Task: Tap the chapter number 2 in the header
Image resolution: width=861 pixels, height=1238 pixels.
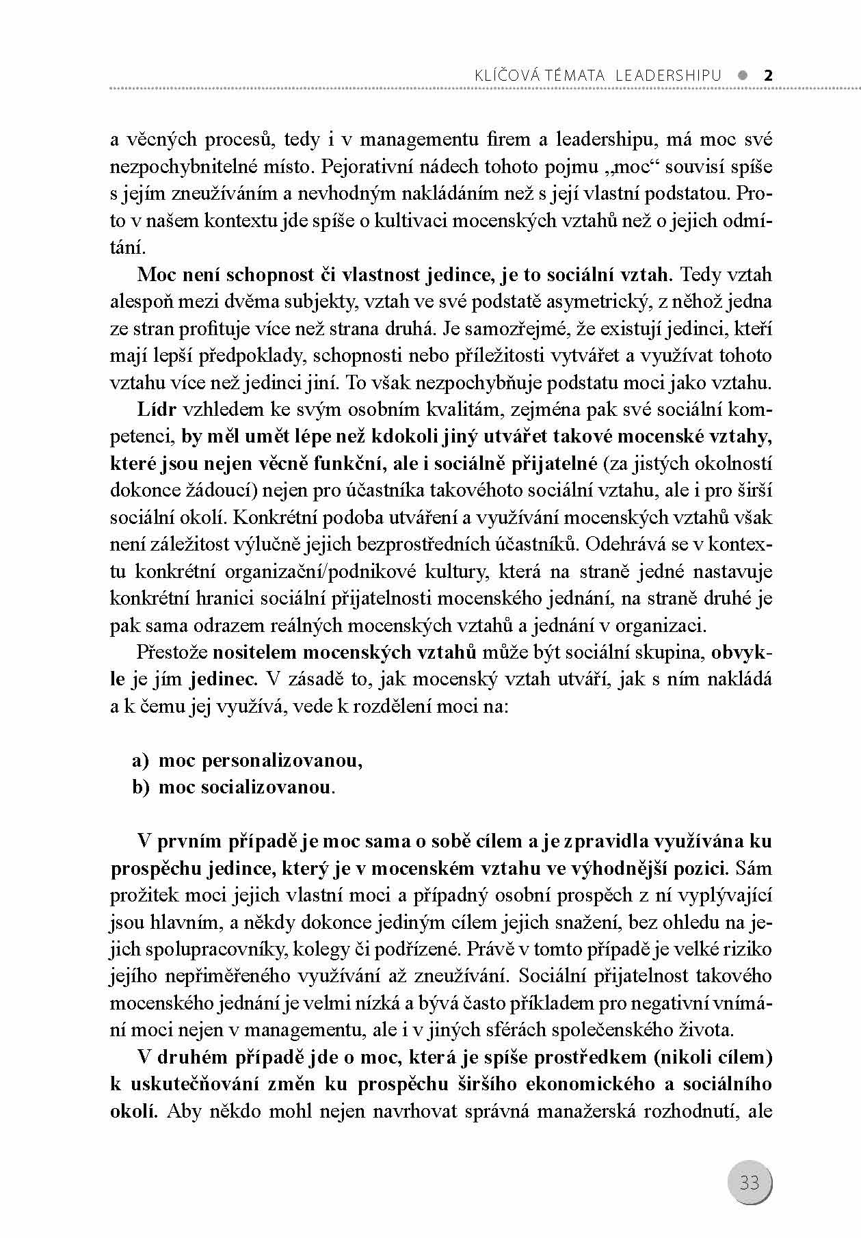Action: click(767, 75)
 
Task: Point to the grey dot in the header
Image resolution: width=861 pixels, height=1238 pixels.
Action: click(743, 75)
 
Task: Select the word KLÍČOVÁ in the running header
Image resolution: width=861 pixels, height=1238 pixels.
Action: click(498, 75)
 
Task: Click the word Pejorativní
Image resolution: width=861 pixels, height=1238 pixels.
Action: click(360, 167)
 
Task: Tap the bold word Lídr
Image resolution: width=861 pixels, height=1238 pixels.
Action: click(157, 409)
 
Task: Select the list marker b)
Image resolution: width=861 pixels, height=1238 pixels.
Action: click(141, 787)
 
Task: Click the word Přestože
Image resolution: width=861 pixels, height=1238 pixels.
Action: click(172, 652)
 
